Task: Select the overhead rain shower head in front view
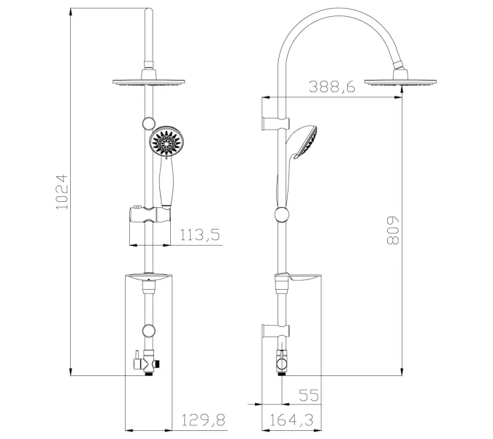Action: [x=150, y=81]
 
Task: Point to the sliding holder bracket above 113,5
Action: [x=149, y=215]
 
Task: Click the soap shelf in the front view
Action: [x=149, y=277]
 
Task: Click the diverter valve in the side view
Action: [x=280, y=361]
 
